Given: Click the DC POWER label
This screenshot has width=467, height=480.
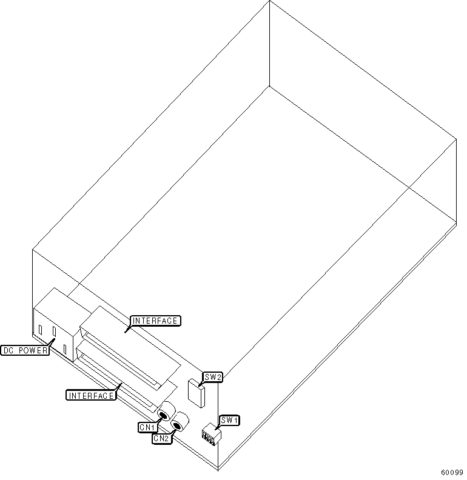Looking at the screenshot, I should click(25, 350).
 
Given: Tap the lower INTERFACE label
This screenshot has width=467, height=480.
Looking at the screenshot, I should click(90, 396).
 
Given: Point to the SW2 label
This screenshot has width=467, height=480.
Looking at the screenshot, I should click(213, 378).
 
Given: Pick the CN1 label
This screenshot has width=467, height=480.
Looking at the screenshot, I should click(147, 427).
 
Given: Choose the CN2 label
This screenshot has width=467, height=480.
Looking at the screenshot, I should click(161, 438).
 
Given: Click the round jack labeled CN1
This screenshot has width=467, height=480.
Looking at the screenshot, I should click(163, 415).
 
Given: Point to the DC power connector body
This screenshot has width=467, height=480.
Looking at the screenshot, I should click(55, 324).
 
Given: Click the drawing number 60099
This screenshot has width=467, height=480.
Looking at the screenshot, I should click(452, 472).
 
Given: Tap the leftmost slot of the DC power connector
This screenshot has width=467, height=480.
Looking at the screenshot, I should click(40, 330).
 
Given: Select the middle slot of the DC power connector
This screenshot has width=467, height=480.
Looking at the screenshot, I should click(53, 332).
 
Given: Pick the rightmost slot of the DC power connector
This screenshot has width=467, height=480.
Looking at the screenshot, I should click(65, 348).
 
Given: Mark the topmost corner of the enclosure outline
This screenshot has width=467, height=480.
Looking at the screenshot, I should click(269, 2).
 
